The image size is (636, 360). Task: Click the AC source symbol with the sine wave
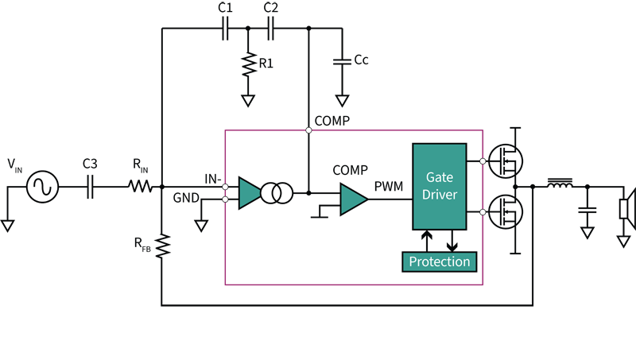[41, 187]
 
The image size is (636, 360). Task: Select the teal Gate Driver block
[440, 186]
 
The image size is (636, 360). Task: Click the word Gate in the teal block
[440, 177]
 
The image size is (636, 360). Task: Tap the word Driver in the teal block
[440, 195]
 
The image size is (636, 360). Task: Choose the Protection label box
[440, 261]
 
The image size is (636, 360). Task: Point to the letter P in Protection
[413, 261]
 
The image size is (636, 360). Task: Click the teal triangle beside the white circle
[250, 193]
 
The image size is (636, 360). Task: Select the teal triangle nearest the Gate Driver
[352, 199]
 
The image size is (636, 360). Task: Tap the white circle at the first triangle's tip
[271, 193]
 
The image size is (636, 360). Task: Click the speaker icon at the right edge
[627, 209]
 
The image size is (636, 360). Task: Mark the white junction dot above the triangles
[308, 130]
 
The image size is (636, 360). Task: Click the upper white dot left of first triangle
[225, 187]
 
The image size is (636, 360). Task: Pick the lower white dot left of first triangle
[225, 199]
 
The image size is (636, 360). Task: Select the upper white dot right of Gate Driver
[483, 161]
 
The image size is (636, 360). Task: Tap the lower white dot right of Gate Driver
[483, 212]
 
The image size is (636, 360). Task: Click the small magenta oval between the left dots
[225, 193]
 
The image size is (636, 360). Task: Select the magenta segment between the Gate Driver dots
[483, 187]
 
